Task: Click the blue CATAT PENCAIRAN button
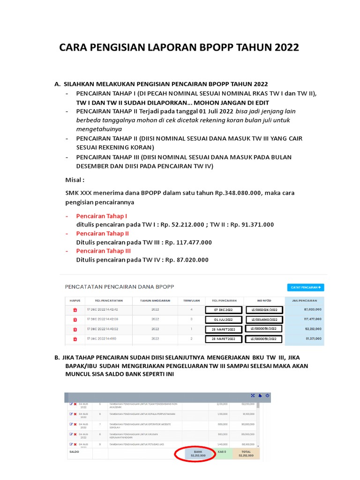point(305,287)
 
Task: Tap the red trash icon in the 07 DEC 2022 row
point(75,310)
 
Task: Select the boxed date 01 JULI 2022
point(223,320)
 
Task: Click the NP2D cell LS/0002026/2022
point(264,310)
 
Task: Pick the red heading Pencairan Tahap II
point(103,233)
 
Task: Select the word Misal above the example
point(74,180)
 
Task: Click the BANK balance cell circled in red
point(195,454)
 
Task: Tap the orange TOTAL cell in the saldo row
point(247,454)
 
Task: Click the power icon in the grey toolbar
point(267,396)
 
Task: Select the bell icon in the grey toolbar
point(260,396)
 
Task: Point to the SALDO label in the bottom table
point(74,452)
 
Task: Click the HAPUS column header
point(75,300)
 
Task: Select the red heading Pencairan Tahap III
point(104,251)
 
